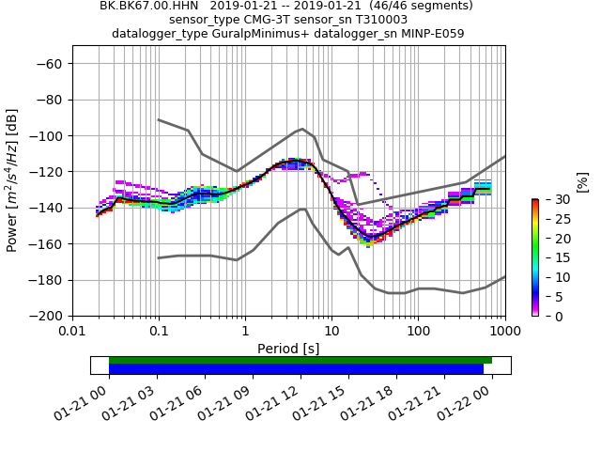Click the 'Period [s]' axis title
coord(288,349)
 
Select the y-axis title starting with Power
coord(13,181)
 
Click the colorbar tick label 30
coord(555,200)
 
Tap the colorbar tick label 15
coord(555,258)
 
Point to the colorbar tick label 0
coord(551,317)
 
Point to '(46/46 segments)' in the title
coord(399,6)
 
